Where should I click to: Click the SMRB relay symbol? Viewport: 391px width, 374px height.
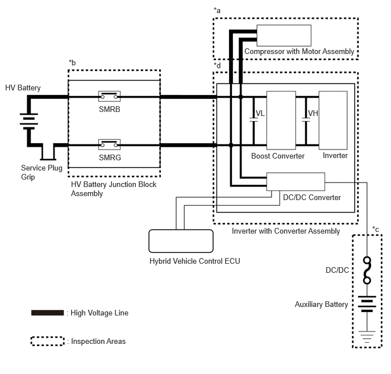point(110,96)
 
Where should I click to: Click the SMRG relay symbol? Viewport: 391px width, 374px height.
point(110,144)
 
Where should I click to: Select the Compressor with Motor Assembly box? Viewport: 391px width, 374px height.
point(284,35)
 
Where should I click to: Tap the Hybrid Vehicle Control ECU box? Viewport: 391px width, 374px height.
point(181,241)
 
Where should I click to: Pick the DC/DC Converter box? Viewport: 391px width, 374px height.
point(296,181)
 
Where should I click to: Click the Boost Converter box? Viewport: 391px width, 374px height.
point(281,120)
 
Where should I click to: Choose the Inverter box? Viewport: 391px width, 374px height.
point(333,120)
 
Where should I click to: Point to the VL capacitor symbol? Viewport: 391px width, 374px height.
point(253,120)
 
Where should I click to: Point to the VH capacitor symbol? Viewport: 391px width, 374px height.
point(306,120)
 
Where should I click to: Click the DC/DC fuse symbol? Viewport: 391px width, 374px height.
point(367,271)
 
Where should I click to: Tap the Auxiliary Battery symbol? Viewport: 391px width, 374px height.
point(367,304)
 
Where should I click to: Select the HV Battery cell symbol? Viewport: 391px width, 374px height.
point(29,121)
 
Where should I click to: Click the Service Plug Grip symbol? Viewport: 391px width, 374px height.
point(48,152)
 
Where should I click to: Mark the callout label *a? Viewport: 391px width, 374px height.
point(217,10)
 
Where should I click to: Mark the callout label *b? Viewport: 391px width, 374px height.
point(72,63)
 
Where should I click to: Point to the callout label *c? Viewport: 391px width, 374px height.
point(376,229)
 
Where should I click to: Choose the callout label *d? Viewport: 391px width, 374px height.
point(217,65)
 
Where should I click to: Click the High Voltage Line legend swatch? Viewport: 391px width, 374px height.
point(47,313)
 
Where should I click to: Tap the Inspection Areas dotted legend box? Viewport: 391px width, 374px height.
point(47,341)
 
